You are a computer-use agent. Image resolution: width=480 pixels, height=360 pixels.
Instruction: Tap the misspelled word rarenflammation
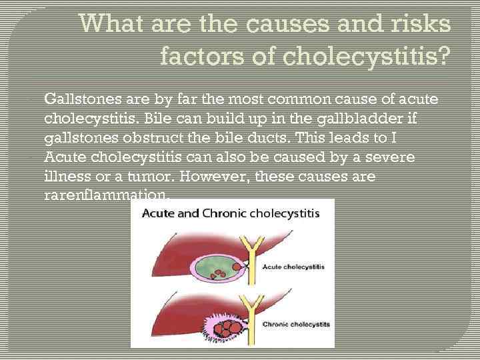(x=107, y=197)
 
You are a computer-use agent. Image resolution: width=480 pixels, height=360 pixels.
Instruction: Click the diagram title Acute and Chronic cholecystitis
(x=230, y=214)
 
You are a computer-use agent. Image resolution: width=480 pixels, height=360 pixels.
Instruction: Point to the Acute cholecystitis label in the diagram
(x=293, y=266)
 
